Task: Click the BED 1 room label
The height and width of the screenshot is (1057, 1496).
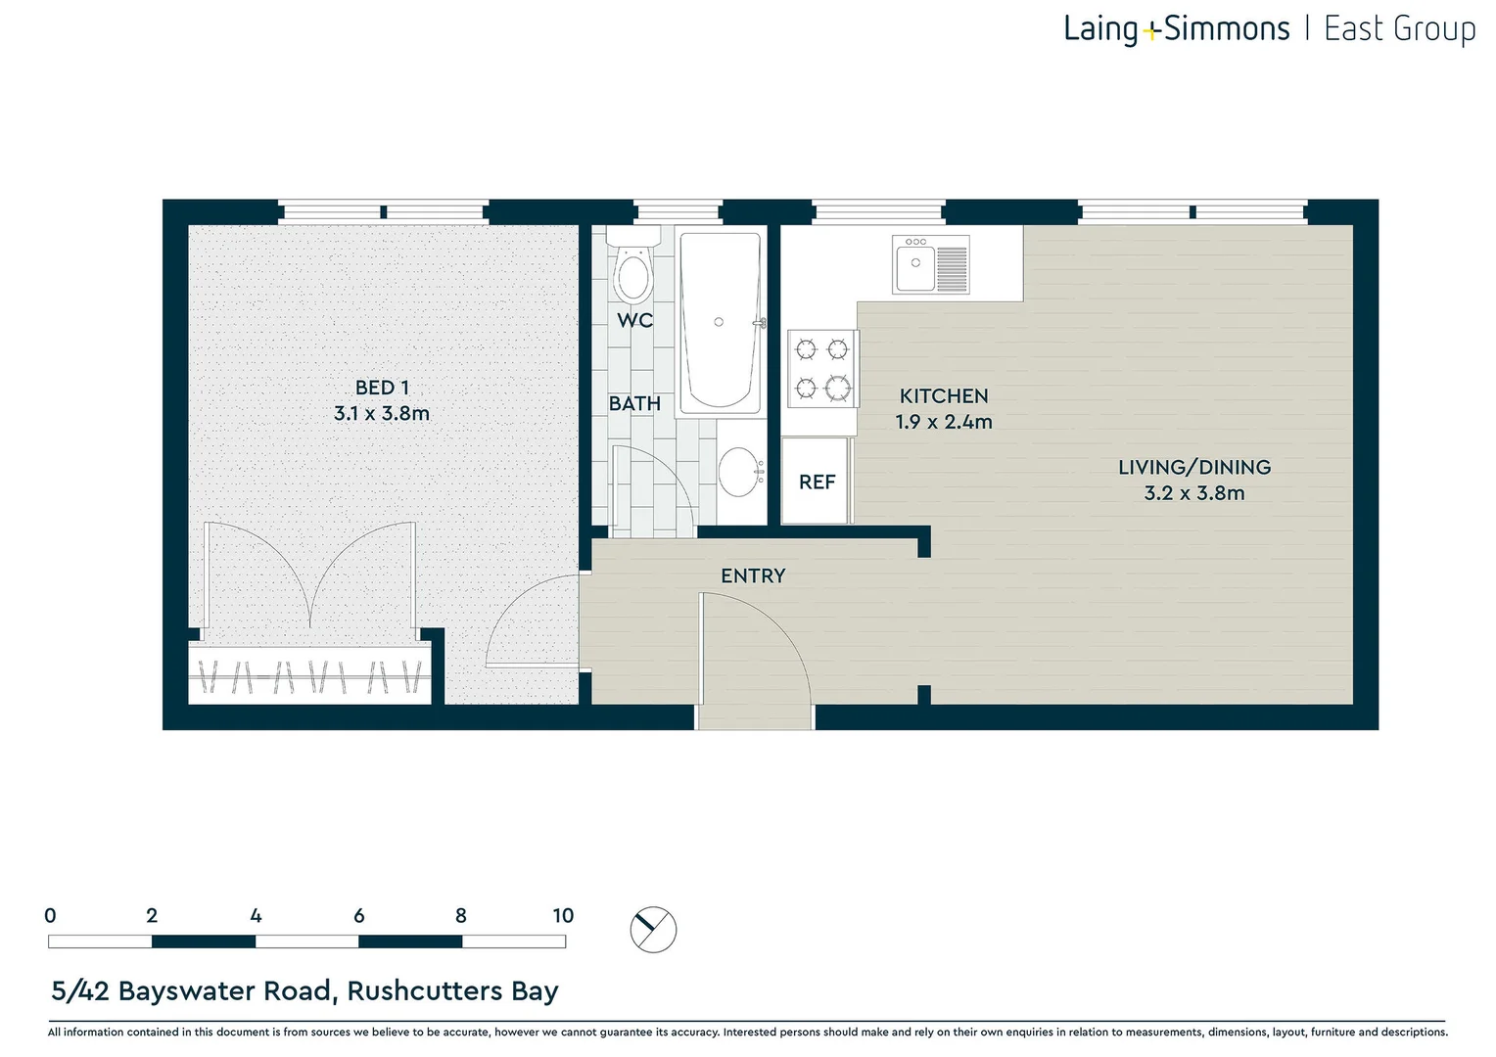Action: tap(382, 388)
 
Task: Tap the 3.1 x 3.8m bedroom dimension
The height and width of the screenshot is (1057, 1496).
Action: tap(382, 414)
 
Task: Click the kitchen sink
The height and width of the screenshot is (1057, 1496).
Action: tap(930, 264)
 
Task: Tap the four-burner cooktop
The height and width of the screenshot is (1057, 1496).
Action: tap(822, 369)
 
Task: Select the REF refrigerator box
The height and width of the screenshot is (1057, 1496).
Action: tap(816, 482)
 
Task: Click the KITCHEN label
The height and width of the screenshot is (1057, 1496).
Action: tap(944, 396)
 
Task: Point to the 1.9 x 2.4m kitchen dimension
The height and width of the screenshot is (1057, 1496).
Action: tap(944, 422)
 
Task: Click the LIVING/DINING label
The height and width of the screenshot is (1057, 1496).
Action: tap(1194, 468)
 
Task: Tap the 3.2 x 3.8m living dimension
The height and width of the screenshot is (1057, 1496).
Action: tap(1194, 493)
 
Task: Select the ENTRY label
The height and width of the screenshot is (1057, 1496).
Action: tap(753, 576)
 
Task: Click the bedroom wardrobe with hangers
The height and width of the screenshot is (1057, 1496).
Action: tap(310, 676)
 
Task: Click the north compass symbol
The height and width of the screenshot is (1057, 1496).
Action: tap(653, 929)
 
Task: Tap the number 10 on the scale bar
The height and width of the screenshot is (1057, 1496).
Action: tap(563, 916)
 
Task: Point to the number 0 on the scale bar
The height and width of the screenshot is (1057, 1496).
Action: tap(50, 916)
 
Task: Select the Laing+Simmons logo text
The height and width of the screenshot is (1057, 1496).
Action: tap(1176, 29)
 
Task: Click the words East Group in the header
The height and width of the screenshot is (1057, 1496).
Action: tap(1399, 29)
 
